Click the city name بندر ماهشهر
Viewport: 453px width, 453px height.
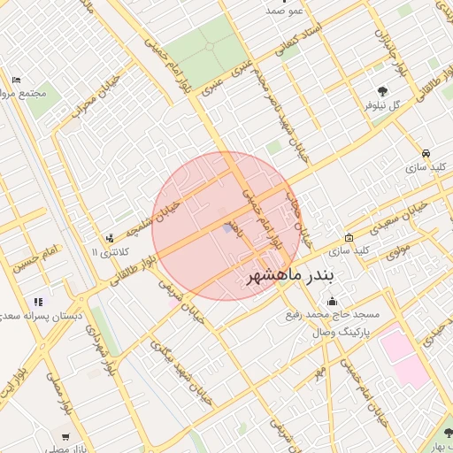[x=290, y=276]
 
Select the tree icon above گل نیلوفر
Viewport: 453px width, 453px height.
[x=382, y=90]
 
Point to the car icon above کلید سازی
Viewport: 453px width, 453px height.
[x=426, y=151]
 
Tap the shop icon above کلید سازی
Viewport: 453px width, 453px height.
[x=349, y=237]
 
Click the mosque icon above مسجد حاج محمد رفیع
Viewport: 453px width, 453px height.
[x=332, y=301]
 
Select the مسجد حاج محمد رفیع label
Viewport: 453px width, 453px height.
[x=332, y=315]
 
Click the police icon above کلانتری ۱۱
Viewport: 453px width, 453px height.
[x=110, y=238]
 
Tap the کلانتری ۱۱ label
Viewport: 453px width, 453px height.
[x=111, y=252]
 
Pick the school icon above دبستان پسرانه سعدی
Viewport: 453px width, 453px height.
[x=38, y=302]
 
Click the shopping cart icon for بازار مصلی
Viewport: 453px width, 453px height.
[x=65, y=436]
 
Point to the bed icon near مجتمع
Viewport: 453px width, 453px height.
[x=16, y=80]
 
